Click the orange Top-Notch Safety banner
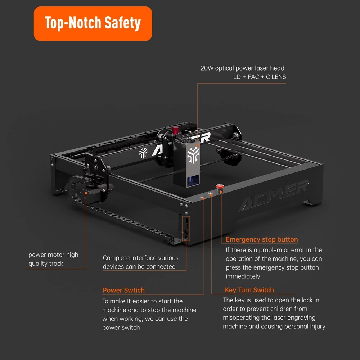pos(93,24)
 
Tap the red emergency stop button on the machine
pos(220,186)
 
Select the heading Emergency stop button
pos(262,239)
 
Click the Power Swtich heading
pos(123,290)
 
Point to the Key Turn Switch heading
pos(249,290)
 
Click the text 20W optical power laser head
pos(242,68)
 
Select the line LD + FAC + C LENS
pos(260,77)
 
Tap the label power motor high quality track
pos(53,259)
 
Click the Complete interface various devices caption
pos(140,262)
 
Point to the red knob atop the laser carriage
pos(175,130)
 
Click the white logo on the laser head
pos(193,155)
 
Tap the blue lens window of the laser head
pos(193,181)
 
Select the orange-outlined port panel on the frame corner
pos(186,229)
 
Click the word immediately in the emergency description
pos(243,276)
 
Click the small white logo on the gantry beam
pos(144,153)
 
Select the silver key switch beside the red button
pos(210,194)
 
